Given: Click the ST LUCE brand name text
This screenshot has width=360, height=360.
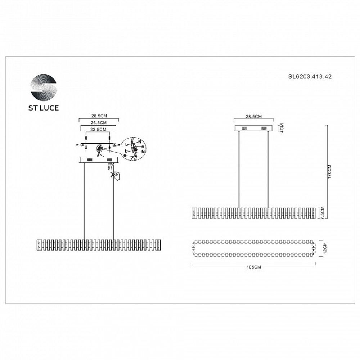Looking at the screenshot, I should [44, 108].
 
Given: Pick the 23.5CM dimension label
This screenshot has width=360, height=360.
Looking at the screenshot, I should [98, 129].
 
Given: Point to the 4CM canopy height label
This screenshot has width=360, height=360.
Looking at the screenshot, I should [282, 129].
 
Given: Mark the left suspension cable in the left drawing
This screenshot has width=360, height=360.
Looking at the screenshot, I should [84, 202].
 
